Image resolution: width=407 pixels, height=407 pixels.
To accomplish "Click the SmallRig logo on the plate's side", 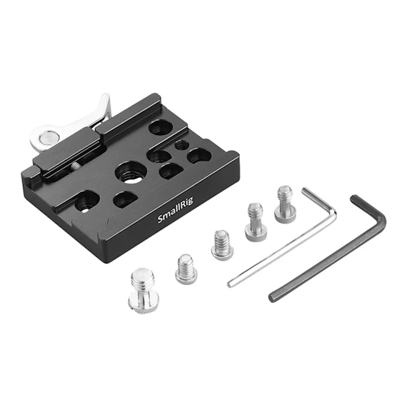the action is (x=176, y=211).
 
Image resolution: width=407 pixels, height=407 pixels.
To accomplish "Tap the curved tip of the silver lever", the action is (x=105, y=97).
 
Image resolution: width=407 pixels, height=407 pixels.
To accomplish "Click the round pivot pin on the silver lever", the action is (x=47, y=137).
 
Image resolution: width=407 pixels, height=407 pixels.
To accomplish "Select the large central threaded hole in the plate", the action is (x=131, y=172).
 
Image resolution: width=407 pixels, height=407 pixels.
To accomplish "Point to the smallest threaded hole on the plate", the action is (x=180, y=144).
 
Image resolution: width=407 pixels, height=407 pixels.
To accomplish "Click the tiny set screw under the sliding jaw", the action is (x=75, y=166).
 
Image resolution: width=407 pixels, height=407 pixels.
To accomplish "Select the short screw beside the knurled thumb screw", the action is (x=186, y=268).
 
